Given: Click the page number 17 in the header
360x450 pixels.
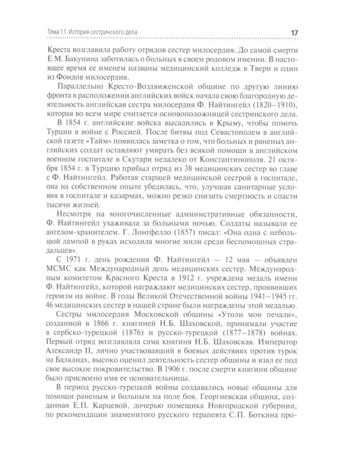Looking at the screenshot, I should pos(317,32).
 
